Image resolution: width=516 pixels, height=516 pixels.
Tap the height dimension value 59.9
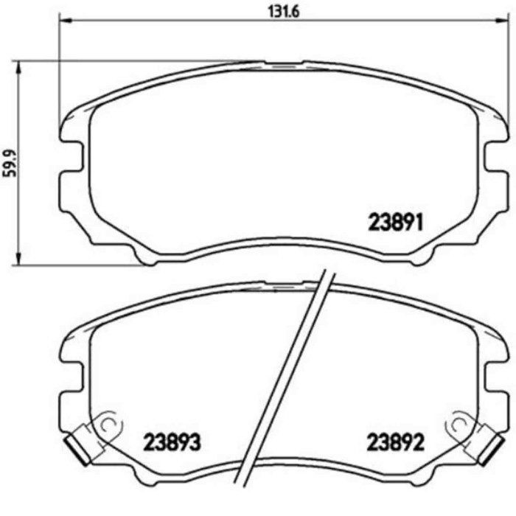tap(9, 162)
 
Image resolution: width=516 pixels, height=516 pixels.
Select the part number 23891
tap(394, 222)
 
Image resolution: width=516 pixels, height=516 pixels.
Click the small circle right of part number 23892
tap(459, 424)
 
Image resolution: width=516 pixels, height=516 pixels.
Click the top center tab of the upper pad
tap(284, 64)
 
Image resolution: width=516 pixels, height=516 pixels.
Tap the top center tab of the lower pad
tap(284, 284)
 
